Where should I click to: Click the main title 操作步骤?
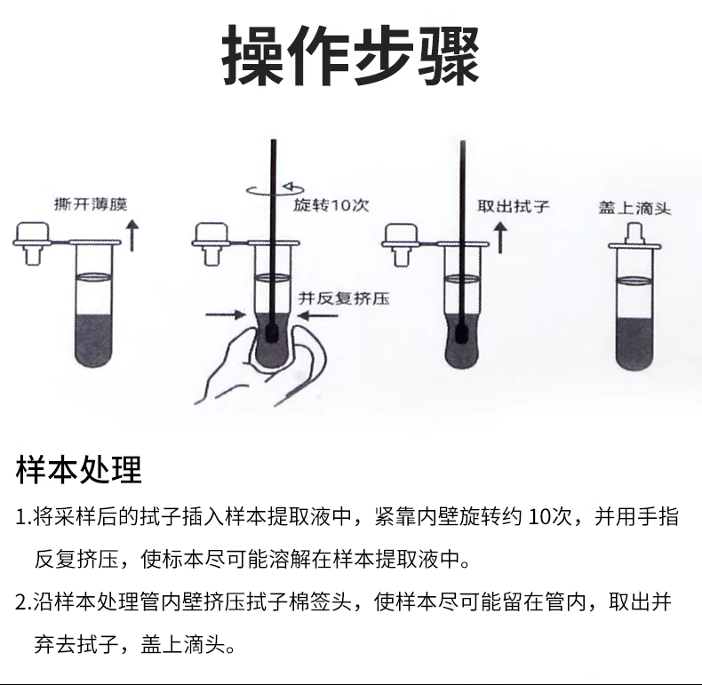[351, 55]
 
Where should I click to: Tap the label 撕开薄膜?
[91, 204]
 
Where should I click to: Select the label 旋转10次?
[331, 205]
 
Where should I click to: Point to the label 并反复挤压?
[344, 298]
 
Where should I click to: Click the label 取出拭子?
[513, 206]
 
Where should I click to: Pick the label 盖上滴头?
[634, 208]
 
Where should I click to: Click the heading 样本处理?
[79, 469]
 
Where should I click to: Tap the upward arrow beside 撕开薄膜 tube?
[132, 235]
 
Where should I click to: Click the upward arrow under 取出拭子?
[500, 238]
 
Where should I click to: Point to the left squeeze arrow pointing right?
[225, 315]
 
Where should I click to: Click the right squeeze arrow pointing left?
[317, 316]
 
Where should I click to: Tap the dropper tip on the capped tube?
[634, 232]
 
